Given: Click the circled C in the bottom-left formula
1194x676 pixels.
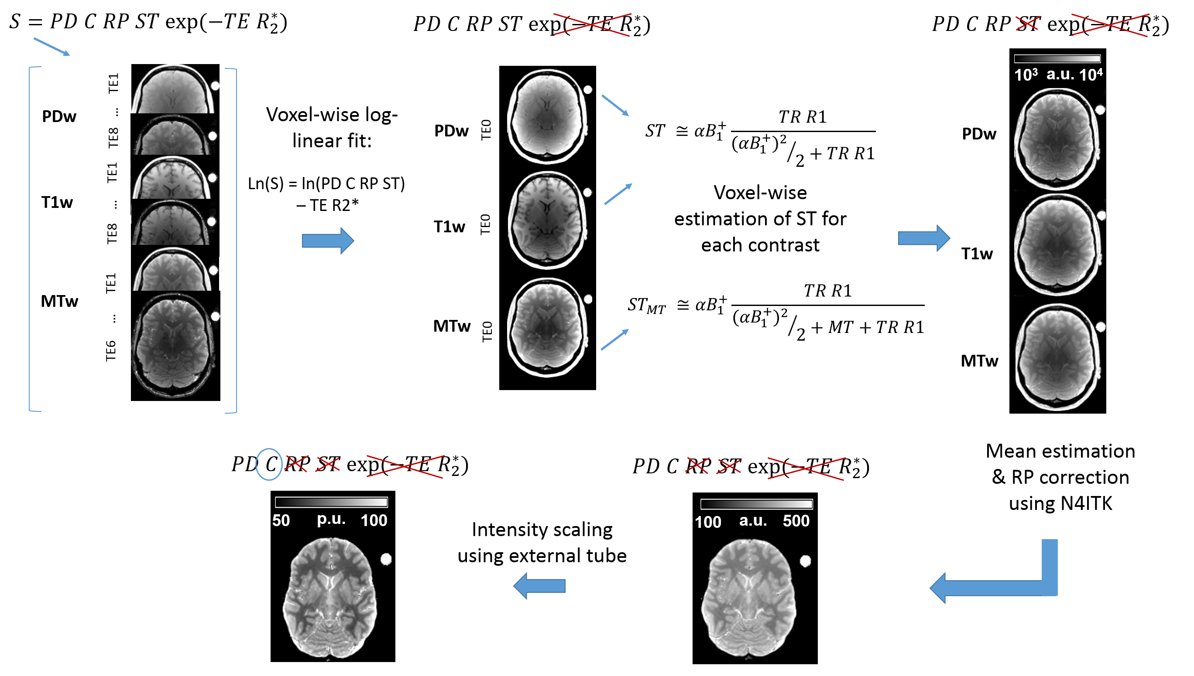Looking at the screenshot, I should click(x=270, y=464).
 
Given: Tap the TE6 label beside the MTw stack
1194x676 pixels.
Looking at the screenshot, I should click(x=110, y=350).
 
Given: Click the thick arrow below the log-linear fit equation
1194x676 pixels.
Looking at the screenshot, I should click(x=328, y=241).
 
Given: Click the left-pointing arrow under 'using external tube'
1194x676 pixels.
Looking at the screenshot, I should click(x=539, y=585).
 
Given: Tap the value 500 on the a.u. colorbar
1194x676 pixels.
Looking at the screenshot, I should click(x=796, y=521).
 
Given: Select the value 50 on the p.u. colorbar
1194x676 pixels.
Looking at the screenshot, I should click(x=281, y=520).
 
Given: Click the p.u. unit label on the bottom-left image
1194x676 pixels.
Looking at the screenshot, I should click(x=331, y=519).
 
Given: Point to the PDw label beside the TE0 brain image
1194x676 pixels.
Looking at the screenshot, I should click(x=451, y=131).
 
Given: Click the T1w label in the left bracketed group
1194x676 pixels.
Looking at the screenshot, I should click(x=57, y=202).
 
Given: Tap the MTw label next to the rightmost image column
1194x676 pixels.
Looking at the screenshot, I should click(x=979, y=361).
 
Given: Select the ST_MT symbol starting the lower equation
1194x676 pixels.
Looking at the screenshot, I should click(x=646, y=306).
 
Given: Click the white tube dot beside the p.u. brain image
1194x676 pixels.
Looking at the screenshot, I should click(x=386, y=560).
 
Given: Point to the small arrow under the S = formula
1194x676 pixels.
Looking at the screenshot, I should click(x=51, y=47).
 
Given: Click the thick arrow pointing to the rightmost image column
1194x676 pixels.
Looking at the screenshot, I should click(x=923, y=238).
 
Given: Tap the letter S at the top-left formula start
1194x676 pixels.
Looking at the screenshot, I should click(x=15, y=21).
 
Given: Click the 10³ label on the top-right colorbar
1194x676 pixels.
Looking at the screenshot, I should click(x=1026, y=74).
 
